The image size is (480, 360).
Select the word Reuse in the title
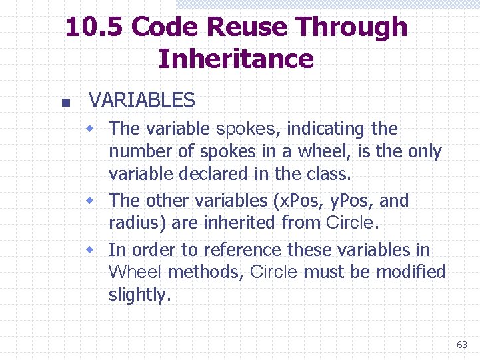249,27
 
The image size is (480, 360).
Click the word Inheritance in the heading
236,59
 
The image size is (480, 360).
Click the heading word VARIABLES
141,101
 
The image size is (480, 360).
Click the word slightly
139,295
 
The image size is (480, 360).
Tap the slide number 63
461,345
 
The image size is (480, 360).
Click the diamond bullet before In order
96,250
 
